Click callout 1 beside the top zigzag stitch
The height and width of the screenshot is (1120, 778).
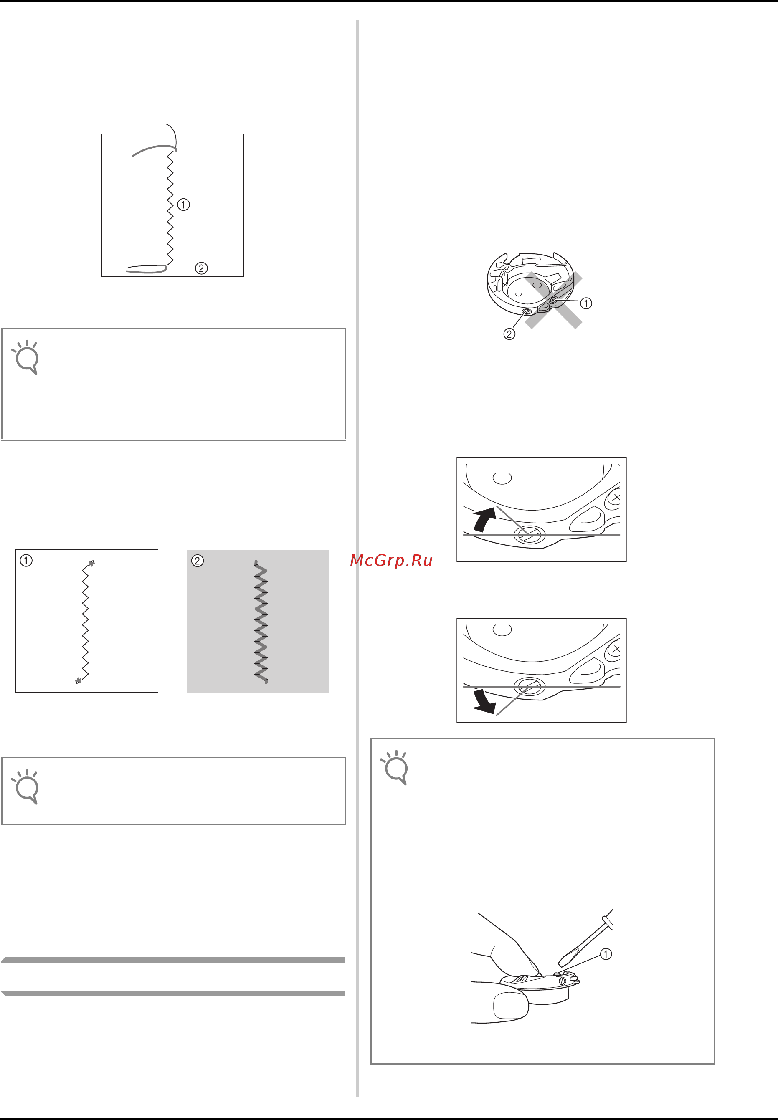tap(183, 205)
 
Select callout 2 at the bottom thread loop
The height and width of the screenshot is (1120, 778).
tap(201, 268)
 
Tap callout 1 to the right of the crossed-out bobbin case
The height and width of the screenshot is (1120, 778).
tap(586, 303)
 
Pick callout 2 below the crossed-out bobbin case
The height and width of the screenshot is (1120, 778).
tap(509, 334)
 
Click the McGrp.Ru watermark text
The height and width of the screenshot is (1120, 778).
tap(391, 561)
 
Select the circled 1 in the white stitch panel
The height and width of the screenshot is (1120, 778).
tap(26, 561)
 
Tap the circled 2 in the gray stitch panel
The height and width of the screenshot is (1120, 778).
tap(198, 561)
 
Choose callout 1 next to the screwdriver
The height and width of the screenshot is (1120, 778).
tap(606, 954)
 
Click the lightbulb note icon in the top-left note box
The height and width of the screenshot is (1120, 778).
tap(26, 357)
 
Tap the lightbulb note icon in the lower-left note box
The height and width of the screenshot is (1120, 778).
tap(26, 787)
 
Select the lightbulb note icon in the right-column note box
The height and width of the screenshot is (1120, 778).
tap(395, 767)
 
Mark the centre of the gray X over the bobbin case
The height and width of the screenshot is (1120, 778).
tap(554, 300)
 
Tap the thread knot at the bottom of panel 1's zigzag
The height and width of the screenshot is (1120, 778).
tap(78, 680)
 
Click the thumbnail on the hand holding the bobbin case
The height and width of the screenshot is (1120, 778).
tap(511, 1006)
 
